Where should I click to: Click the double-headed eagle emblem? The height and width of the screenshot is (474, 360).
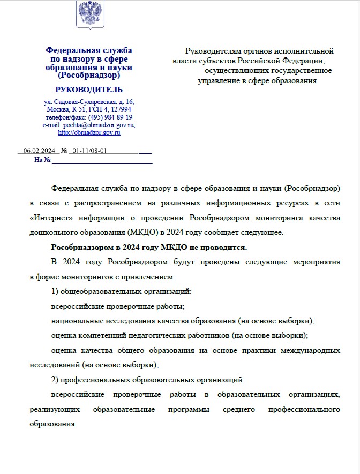tap(89, 14)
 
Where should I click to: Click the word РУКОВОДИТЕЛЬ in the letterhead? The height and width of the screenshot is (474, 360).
tap(89, 90)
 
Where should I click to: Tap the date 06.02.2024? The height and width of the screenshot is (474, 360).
tap(40, 151)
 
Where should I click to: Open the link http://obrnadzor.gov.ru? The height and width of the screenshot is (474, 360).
tap(89, 132)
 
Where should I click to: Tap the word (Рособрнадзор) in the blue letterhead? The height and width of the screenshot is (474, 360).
tap(89, 76)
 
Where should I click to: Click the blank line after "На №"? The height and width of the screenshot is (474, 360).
tap(102, 160)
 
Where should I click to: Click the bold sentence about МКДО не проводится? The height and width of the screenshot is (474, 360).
tap(149, 247)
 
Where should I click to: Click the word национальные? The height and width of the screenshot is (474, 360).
tap(77, 321)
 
